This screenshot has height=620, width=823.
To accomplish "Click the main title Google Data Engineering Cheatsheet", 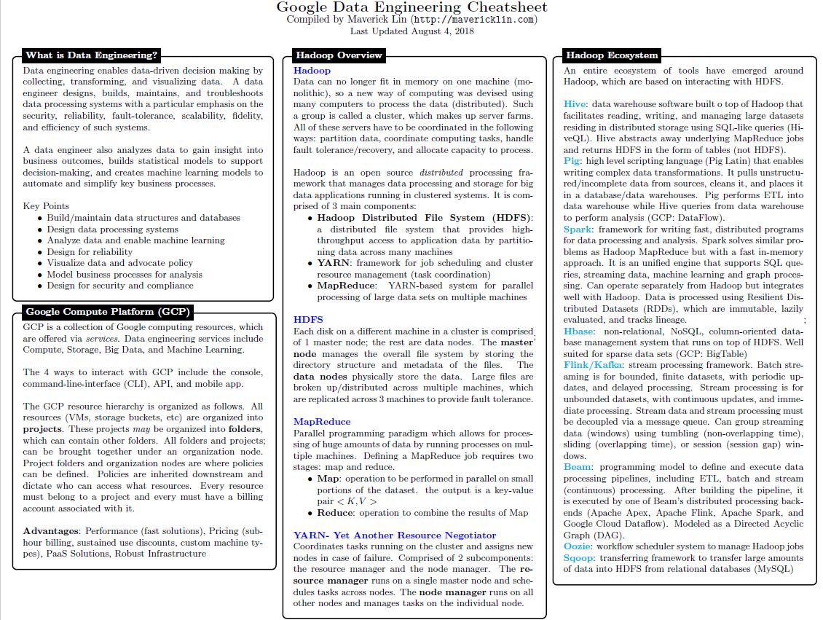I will click(x=411, y=8).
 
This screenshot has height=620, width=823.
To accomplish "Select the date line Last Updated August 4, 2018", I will click(x=411, y=31).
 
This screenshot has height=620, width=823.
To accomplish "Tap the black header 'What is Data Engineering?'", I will click(x=91, y=55).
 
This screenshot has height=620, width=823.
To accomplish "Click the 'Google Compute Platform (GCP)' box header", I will click(x=108, y=312).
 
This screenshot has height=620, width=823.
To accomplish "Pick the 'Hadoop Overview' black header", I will click(x=338, y=55).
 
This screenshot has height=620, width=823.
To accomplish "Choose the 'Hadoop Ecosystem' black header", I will click(x=612, y=55).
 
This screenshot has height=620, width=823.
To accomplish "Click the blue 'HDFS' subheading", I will click(x=308, y=319).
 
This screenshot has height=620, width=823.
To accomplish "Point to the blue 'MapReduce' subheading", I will click(x=322, y=421).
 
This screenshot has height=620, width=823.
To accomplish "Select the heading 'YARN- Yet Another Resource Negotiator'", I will click(x=394, y=535).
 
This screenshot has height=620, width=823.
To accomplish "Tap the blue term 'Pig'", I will click(x=572, y=160).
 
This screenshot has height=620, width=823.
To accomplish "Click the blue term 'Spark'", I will click(x=578, y=229).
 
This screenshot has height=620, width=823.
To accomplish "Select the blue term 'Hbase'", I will click(x=579, y=331).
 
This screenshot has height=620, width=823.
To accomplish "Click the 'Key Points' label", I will click(x=46, y=206).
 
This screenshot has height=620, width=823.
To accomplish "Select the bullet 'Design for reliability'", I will click(x=90, y=251).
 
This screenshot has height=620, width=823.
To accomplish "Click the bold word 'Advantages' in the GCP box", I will click(x=51, y=530).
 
